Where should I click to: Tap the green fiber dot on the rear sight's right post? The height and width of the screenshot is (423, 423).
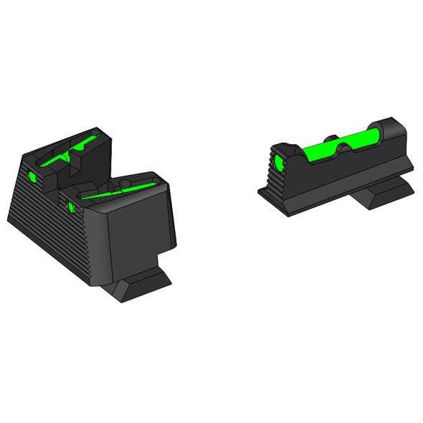tap(71, 208)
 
